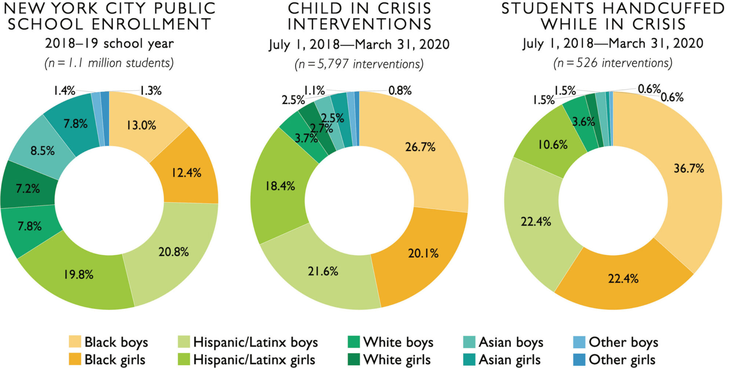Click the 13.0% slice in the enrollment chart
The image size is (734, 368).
click(141, 125)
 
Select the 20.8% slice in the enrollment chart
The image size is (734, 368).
click(173, 252)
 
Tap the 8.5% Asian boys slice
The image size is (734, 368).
click(42, 151)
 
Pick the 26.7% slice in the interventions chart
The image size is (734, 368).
click(420, 147)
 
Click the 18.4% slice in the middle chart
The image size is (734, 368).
click(280, 186)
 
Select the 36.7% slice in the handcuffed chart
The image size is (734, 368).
click(689, 168)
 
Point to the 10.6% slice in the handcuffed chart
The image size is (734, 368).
click(553, 144)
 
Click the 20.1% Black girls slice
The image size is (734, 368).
click(423, 253)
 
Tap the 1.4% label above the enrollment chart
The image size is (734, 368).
click(64, 90)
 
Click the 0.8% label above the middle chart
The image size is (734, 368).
click(400, 90)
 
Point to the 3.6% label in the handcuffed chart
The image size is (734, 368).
click(583, 122)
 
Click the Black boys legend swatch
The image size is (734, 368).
click(75, 342)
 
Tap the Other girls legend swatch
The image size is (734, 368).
click(579, 360)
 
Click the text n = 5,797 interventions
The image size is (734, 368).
click(359, 64)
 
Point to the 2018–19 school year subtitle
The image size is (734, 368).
click(109, 43)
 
